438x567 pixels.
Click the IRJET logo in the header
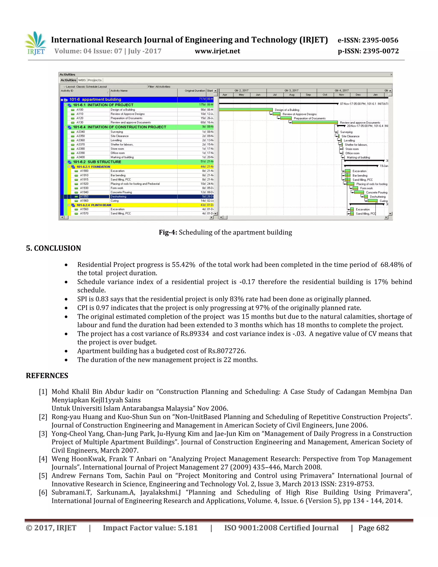36,44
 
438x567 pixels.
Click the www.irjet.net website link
218,51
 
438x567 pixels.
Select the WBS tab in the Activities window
82,80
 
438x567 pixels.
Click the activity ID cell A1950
84,197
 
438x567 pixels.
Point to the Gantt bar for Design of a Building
246,110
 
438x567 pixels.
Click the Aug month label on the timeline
292,95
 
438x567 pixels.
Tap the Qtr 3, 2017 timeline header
292,91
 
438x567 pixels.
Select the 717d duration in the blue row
202,99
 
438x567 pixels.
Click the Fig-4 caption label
168,232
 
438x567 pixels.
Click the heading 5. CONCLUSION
53,248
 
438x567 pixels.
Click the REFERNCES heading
47,376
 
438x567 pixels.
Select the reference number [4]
43,459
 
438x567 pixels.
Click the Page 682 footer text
373,528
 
